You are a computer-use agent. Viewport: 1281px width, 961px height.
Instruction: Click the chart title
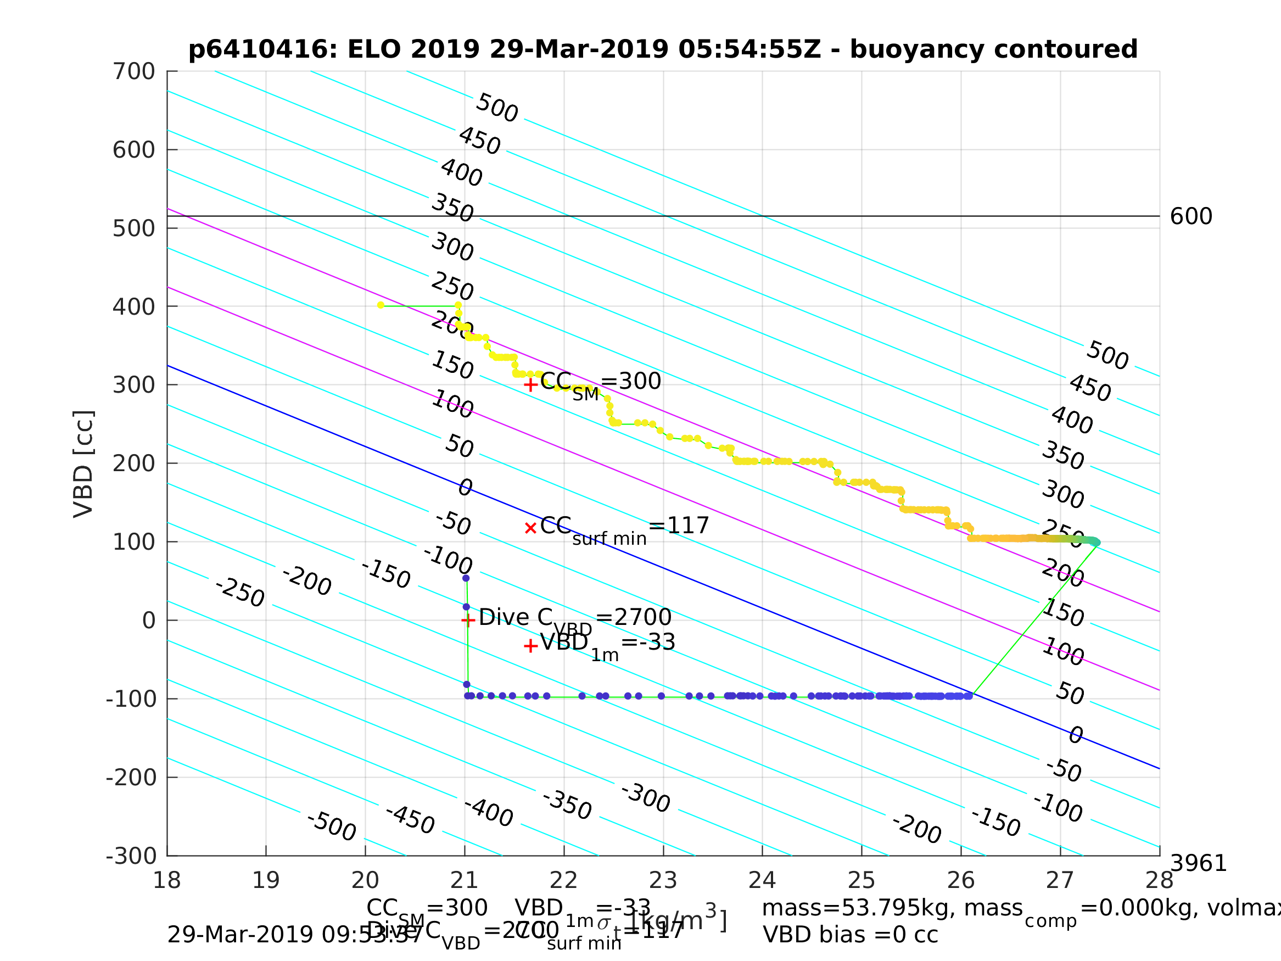663,49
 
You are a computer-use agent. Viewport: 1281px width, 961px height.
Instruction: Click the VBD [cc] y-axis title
84,463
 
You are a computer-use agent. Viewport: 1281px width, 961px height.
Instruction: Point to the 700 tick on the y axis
134,72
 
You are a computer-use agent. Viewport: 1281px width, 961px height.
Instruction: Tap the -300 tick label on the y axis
131,856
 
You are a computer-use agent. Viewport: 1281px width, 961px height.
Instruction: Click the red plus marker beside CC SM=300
530,384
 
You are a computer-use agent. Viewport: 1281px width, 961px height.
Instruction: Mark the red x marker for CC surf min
530,528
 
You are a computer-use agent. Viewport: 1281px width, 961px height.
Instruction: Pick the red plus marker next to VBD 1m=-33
530,646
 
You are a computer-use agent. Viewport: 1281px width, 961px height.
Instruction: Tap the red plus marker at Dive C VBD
468,621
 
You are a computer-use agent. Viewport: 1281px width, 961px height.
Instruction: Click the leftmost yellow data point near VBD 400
381,305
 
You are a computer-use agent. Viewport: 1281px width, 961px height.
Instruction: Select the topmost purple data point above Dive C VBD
466,578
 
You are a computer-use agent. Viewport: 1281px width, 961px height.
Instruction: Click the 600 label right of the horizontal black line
1190,217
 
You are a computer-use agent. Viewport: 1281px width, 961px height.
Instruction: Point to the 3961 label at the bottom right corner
1198,864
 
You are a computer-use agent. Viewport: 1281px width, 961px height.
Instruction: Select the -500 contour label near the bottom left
331,826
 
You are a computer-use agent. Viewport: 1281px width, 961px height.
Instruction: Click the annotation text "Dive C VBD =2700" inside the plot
574,618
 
